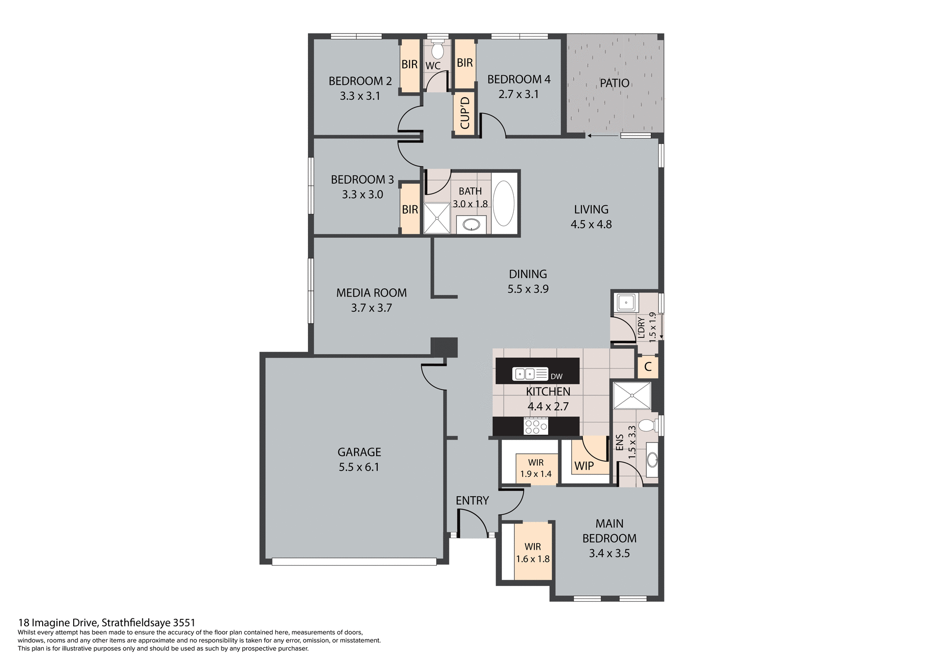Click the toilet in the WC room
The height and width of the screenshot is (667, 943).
[437, 51]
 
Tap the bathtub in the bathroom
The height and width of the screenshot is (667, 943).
[503, 203]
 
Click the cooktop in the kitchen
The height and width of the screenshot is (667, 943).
[536, 426]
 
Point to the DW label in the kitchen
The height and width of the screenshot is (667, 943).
[556, 377]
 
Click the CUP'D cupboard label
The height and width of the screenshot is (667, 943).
[465, 113]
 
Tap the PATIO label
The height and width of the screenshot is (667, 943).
[614, 83]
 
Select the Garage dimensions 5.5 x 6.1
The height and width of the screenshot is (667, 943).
[359, 467]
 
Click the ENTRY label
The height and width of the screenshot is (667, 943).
[472, 500]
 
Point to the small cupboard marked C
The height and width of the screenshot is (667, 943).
[647, 366]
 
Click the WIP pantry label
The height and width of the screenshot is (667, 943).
[584, 466]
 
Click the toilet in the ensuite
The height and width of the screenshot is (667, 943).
[647, 425]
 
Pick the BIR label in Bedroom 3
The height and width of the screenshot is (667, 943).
[410, 210]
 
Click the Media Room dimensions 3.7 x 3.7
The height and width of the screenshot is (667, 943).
[371, 308]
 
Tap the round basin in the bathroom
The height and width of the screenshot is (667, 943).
[471, 225]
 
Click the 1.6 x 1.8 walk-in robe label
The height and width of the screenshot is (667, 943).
[532, 559]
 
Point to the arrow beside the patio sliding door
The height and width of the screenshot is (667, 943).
[602, 135]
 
